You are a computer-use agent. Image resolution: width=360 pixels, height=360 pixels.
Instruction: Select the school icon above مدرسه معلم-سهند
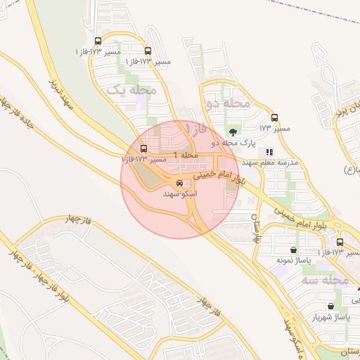tap(269, 151)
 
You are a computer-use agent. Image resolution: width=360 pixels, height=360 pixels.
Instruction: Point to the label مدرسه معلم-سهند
tap(270, 162)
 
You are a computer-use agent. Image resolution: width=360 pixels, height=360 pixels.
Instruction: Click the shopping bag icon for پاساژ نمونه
tap(293, 250)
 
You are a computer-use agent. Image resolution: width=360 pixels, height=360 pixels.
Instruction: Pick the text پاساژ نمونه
tap(293, 260)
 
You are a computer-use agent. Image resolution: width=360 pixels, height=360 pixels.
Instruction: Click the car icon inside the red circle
tap(180, 182)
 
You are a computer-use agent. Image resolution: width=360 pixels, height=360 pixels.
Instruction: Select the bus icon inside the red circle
tap(144, 149)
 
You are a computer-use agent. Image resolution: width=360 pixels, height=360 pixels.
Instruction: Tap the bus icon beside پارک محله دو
tap(274, 118)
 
